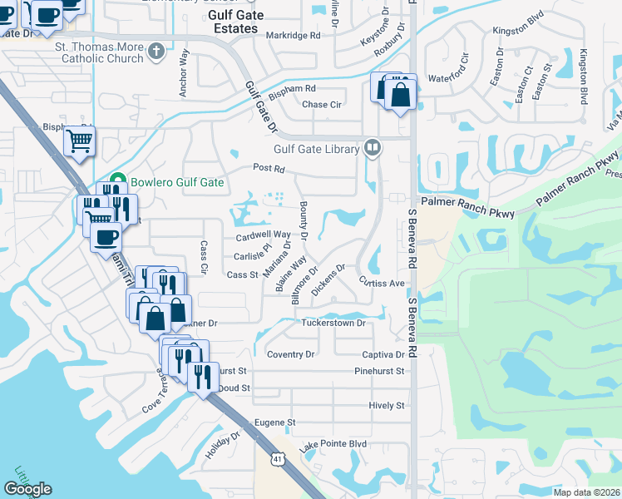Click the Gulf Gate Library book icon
373,148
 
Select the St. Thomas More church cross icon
155,53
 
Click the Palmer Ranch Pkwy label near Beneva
457,202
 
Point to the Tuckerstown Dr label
333,323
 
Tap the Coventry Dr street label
291,354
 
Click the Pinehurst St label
378,371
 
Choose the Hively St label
387,406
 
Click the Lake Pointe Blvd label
333,445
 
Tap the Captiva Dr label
383,354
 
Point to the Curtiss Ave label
382,283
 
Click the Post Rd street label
269,169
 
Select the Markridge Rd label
294,36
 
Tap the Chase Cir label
322,105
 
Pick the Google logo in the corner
27,489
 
